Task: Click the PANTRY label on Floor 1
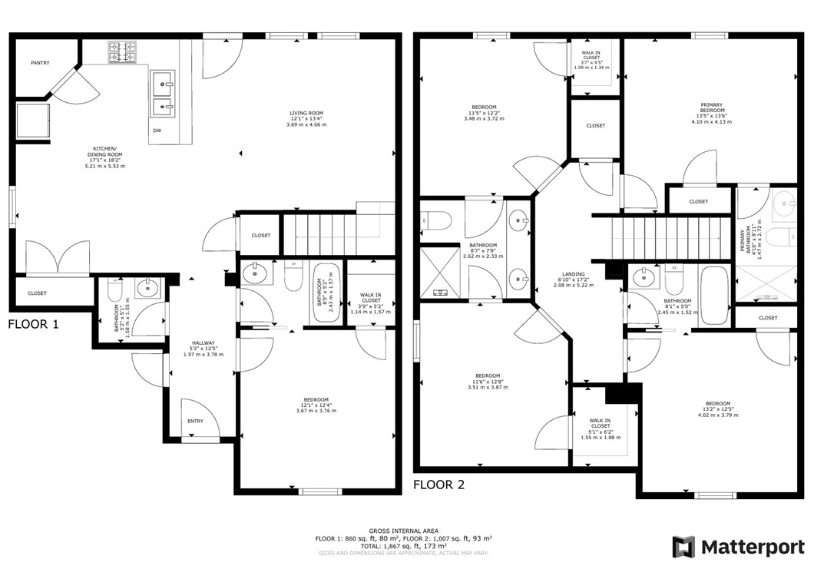[40, 63]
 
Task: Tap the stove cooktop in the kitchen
[122, 51]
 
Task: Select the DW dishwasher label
[157, 131]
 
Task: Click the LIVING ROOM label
[306, 112]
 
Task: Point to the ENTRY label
[195, 421]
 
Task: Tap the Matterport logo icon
[683, 547]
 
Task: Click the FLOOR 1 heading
[33, 324]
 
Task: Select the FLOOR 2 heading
[438, 485]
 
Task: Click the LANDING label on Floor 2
[573, 274]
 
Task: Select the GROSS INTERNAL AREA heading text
[403, 531]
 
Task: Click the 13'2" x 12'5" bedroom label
[717, 404]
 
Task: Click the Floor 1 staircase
[320, 234]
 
